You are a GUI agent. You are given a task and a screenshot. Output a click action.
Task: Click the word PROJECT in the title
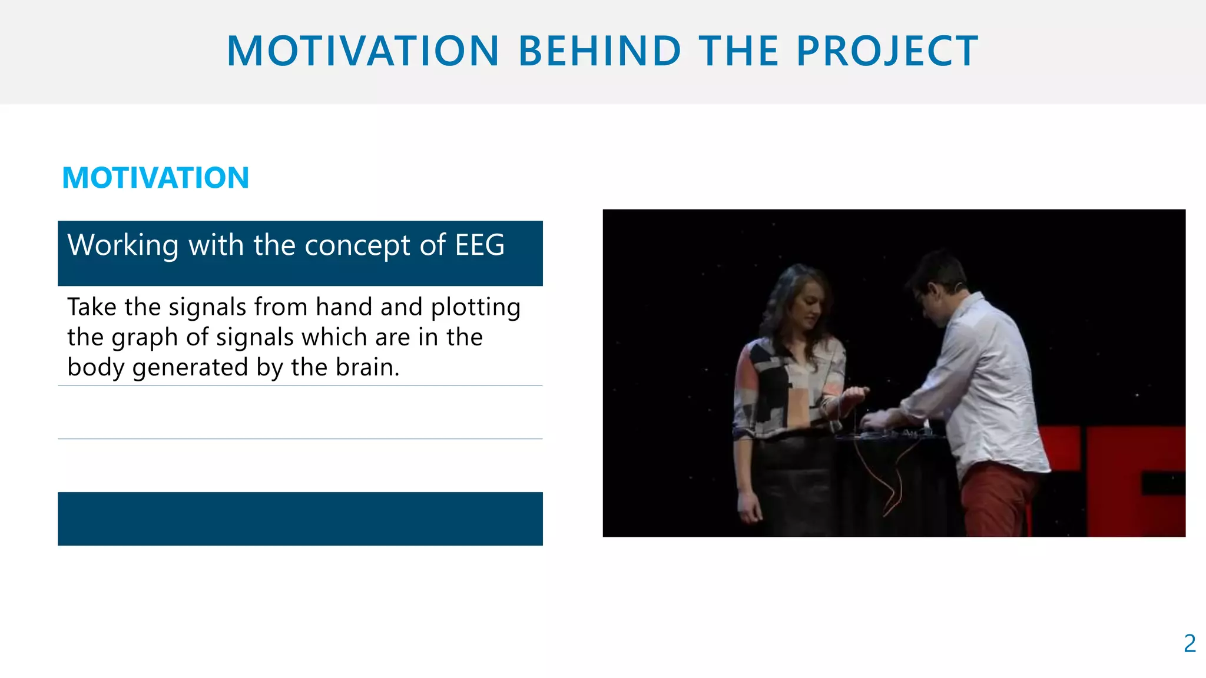click(x=887, y=51)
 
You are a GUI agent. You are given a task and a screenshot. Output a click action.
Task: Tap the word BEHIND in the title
click(x=599, y=51)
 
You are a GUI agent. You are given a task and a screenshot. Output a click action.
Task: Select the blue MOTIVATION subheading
click(x=155, y=178)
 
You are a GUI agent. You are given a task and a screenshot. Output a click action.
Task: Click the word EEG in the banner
click(x=479, y=245)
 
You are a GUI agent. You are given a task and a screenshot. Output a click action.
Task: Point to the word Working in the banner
click(x=122, y=245)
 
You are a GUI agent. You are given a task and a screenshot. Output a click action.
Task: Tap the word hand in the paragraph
click(x=344, y=307)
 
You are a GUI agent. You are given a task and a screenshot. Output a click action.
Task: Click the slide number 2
click(x=1189, y=644)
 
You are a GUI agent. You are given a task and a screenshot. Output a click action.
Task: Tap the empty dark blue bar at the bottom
click(x=300, y=519)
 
